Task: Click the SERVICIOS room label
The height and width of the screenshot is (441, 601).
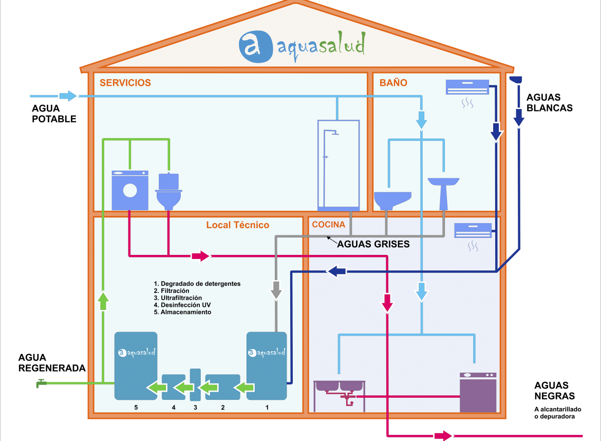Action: click(x=125, y=83)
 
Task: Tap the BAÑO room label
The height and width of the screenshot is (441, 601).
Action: click(x=393, y=83)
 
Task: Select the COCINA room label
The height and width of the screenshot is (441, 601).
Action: click(x=328, y=225)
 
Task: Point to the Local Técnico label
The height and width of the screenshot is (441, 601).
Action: click(x=237, y=225)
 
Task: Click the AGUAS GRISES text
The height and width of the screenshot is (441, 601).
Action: click(x=373, y=244)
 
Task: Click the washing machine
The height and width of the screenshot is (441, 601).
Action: click(x=130, y=190)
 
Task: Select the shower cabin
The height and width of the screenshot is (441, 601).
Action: click(x=338, y=164)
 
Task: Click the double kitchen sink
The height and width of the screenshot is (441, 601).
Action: click(x=339, y=389)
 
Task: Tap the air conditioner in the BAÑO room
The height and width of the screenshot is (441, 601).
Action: click(x=467, y=87)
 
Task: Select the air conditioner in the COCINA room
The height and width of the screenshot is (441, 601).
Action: click(x=473, y=230)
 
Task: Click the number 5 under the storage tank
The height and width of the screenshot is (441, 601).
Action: click(x=136, y=407)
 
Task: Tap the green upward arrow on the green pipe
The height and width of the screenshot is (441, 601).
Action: click(x=103, y=300)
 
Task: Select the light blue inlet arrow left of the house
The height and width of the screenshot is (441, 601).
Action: click(x=68, y=96)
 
